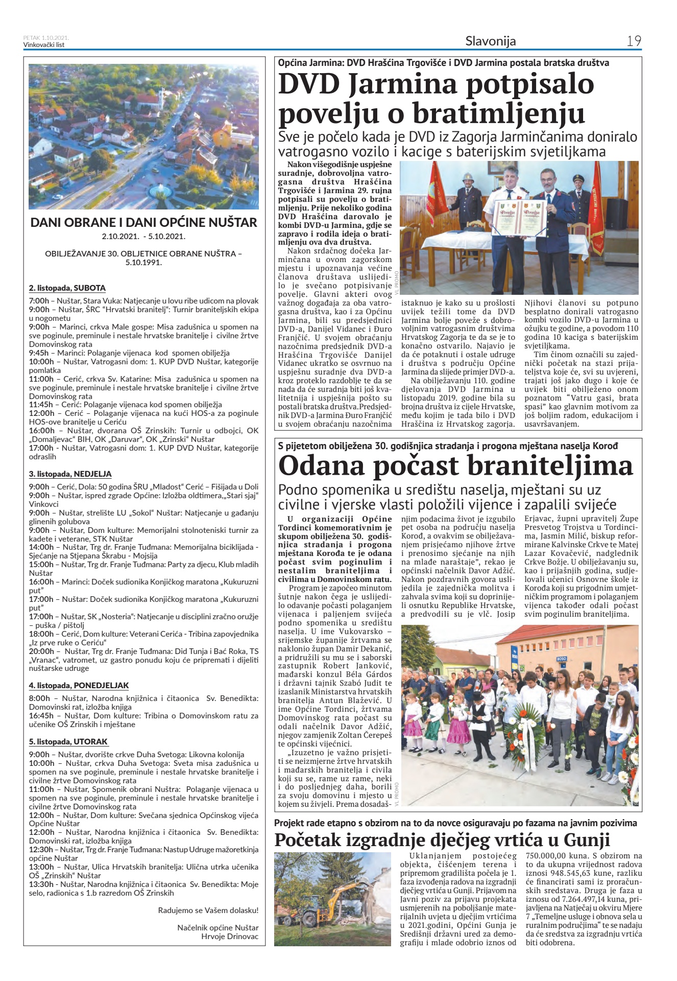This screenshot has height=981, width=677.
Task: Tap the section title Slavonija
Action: [490, 41]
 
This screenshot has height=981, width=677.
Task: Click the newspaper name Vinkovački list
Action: [44, 44]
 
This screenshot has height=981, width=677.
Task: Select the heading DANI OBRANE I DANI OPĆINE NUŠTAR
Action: [143, 223]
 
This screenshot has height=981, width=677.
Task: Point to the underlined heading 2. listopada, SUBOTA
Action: [67, 288]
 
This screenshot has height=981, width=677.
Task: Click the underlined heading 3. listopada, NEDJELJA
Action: [70, 474]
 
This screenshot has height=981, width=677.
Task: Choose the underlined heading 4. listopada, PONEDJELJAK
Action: [79, 686]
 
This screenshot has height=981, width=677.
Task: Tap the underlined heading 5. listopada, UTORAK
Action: [69, 742]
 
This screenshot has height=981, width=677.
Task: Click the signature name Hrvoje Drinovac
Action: [230, 937]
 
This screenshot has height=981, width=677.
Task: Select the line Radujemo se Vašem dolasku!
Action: [208, 910]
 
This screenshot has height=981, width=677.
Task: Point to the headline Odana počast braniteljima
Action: [455, 466]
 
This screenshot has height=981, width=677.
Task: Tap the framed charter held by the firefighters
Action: [519, 219]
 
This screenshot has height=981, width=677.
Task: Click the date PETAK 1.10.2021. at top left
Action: [46, 38]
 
